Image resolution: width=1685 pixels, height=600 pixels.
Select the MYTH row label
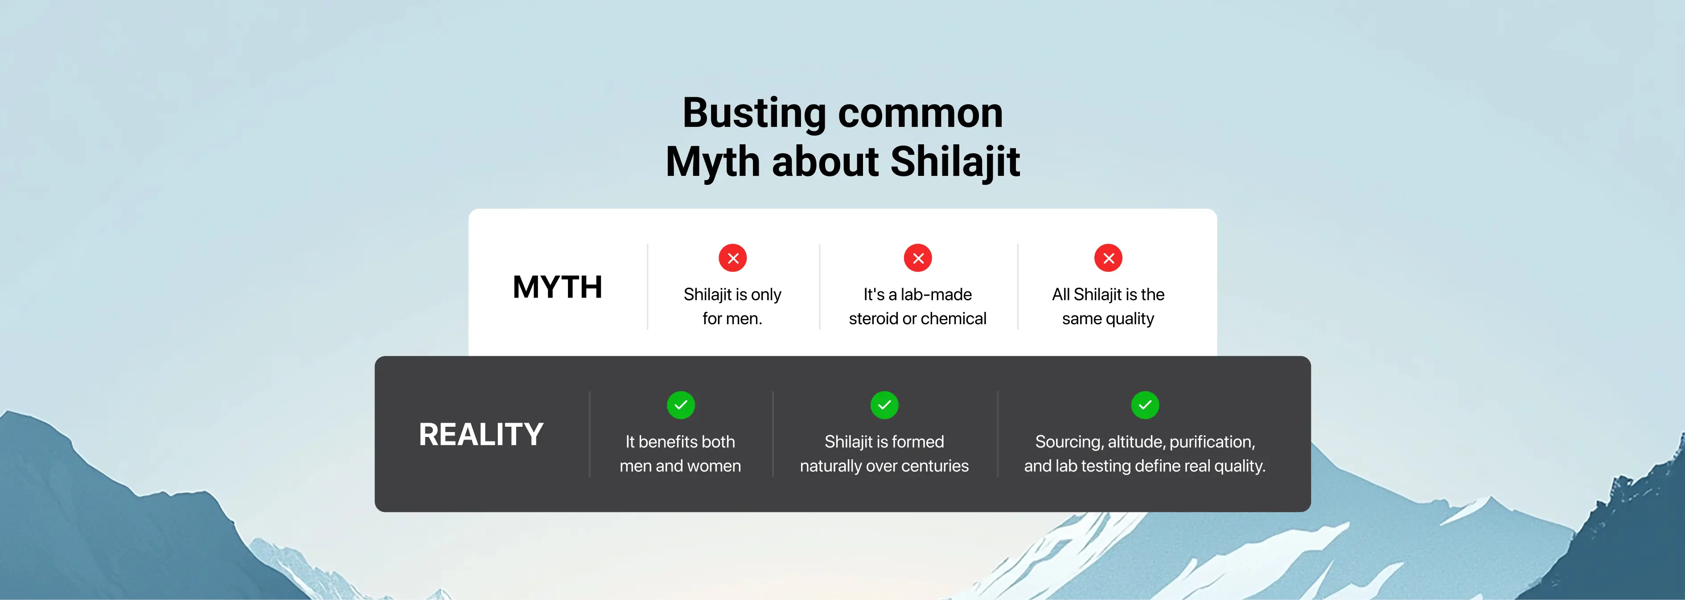pyautogui.click(x=557, y=287)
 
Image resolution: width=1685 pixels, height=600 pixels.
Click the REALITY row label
pyautogui.click(x=481, y=434)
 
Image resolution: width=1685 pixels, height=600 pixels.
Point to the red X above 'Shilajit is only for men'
pyautogui.click(x=732, y=258)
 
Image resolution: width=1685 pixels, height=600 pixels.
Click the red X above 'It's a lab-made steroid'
pyautogui.click(x=918, y=258)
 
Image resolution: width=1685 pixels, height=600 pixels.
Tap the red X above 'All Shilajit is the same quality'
pyautogui.click(x=1108, y=258)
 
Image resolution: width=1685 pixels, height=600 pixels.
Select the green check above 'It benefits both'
pyautogui.click(x=680, y=405)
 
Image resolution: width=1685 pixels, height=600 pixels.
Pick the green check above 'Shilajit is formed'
pyautogui.click(x=884, y=405)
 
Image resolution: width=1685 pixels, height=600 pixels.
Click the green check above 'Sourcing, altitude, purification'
pyautogui.click(x=1145, y=405)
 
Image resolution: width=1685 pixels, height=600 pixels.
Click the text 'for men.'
pyautogui.click(x=732, y=318)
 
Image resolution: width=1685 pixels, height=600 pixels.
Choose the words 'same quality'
pyautogui.click(x=1108, y=319)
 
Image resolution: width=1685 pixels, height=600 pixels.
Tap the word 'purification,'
pyautogui.click(x=1212, y=442)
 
